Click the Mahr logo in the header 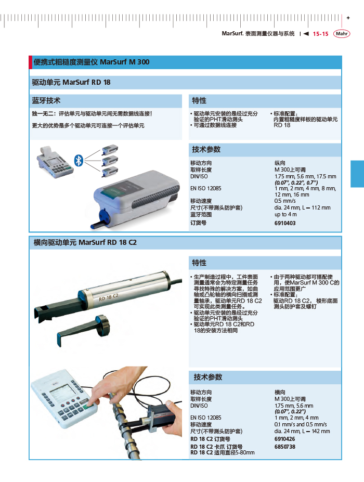coord(342,34)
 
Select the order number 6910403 coord(284,223)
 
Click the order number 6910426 coord(284,439)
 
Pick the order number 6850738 coord(284,447)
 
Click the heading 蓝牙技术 coord(46,101)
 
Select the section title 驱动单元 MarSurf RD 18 coord(71,82)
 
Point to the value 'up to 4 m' coord(285,214)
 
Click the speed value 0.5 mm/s coord(284,201)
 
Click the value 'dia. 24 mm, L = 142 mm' coord(302,431)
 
